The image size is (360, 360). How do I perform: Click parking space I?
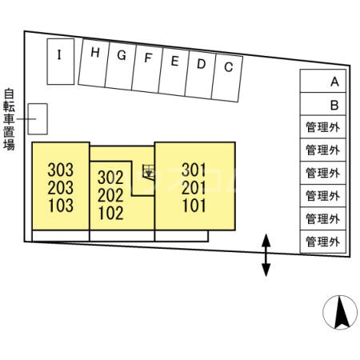[61, 62]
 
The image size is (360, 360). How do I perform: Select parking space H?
[94, 63]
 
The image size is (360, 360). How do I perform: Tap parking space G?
[120, 66]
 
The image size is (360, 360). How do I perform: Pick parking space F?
[147, 70]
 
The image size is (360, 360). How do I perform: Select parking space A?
[323, 81]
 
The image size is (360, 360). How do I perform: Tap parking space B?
[323, 104]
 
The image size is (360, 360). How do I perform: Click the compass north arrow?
[341, 313]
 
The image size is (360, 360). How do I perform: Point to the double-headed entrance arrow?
[266, 255]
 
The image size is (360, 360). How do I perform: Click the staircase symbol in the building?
[148, 172]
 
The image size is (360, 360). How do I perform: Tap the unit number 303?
[61, 170]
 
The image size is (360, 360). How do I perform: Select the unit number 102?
[111, 213]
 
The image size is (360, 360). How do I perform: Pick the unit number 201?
[194, 188]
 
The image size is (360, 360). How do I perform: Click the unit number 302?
[110, 178]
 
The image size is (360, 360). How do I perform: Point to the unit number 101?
[194, 206]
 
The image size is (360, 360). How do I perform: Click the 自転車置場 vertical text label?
[9, 119]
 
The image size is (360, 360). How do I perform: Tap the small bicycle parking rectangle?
[38, 119]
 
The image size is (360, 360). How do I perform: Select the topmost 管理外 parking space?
[323, 127]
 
